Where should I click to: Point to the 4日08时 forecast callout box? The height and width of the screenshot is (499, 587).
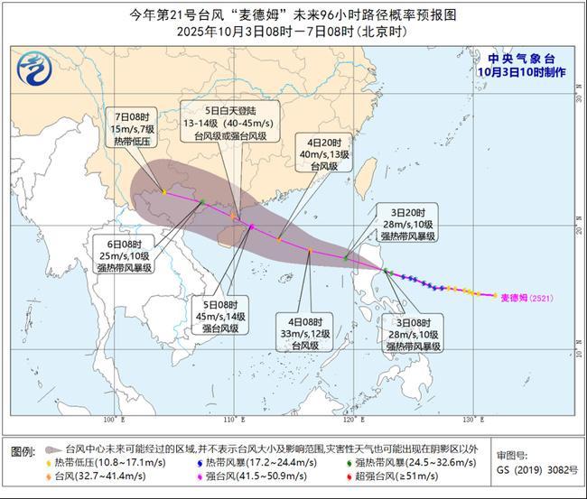point(309,331)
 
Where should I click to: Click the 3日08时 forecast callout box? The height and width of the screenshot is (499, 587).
point(412,333)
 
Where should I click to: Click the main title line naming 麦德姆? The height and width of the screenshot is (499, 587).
point(293,14)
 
